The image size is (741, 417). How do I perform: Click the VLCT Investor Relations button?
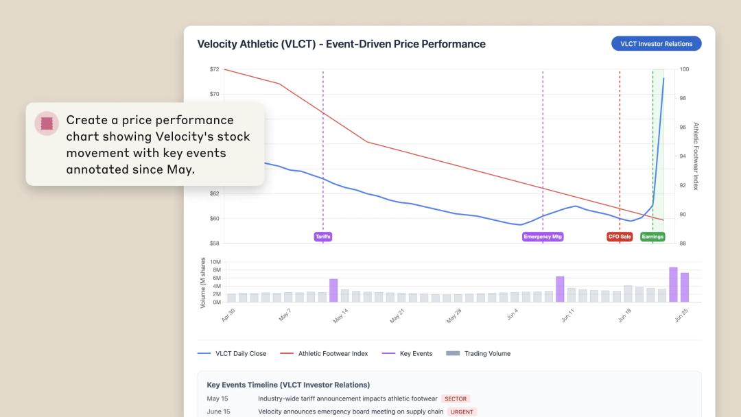(656, 44)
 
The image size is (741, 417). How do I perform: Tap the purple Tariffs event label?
(322, 237)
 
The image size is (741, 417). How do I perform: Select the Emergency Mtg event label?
(543, 237)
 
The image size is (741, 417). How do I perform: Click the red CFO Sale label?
(620, 237)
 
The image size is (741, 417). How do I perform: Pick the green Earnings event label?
(652, 237)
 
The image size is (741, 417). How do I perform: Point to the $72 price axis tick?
(214, 69)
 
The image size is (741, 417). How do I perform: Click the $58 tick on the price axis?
(214, 243)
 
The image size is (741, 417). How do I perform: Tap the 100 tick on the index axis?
(683, 69)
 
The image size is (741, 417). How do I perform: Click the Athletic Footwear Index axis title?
(695, 156)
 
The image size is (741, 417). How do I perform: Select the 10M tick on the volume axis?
(215, 262)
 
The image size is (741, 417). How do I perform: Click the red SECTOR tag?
(456, 398)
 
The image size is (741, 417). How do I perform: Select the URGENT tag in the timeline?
(462, 412)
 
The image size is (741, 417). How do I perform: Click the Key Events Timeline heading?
(288, 385)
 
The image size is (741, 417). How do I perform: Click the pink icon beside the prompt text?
(47, 123)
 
